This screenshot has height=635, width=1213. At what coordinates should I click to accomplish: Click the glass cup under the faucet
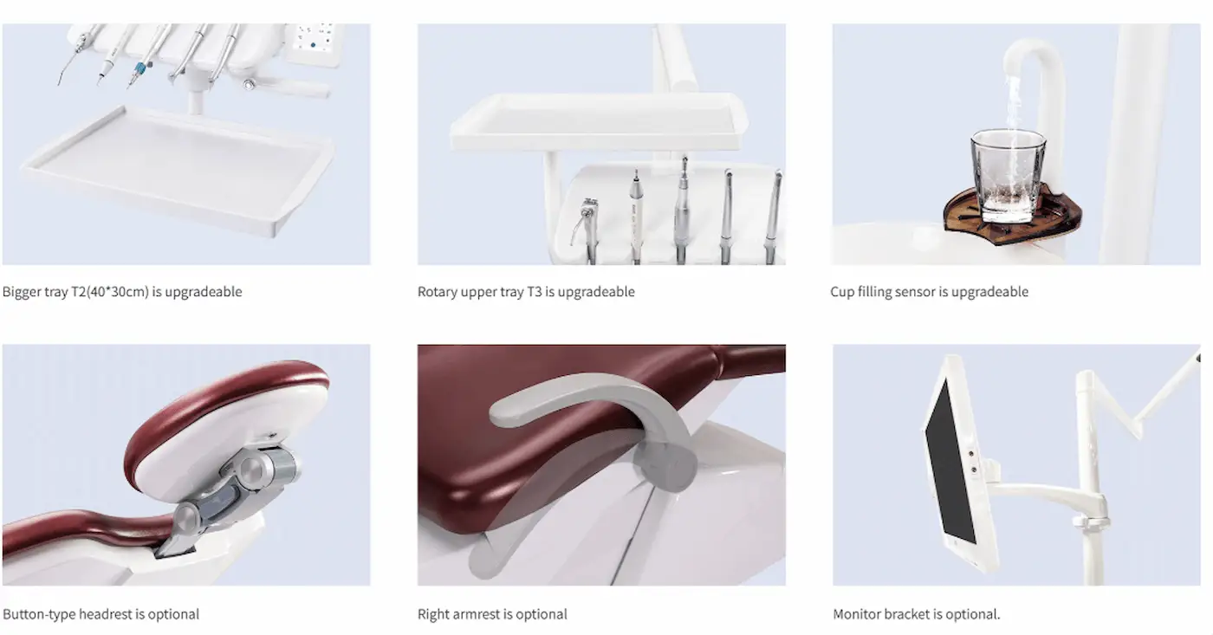point(1009,176)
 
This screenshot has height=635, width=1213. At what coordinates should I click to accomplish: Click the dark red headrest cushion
point(227,411)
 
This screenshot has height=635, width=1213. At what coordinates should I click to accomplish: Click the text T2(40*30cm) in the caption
point(110,292)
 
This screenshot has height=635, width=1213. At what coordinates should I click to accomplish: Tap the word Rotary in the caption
point(438,292)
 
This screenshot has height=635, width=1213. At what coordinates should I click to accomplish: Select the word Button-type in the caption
point(39,614)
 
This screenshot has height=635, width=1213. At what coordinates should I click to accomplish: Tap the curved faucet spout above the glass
point(1033,60)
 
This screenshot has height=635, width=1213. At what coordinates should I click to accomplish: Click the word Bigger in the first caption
point(22,292)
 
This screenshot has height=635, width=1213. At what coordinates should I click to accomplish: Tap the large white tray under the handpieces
point(178,168)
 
